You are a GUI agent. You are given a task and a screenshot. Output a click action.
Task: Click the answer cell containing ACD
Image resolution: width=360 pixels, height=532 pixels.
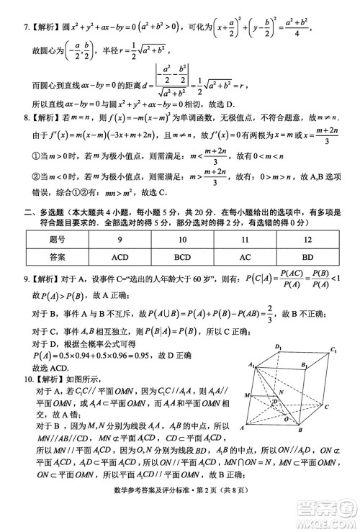125,256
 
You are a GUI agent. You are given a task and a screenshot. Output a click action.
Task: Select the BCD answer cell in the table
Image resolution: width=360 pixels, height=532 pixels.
187,256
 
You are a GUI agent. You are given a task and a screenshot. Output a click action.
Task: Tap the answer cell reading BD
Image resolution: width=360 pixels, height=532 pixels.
307,256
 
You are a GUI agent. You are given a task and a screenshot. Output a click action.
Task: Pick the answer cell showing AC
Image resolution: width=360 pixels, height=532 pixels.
246,256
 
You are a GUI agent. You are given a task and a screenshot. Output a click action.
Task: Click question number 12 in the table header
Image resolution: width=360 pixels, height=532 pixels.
307,239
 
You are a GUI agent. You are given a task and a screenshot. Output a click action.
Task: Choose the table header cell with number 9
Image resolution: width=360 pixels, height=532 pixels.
125,239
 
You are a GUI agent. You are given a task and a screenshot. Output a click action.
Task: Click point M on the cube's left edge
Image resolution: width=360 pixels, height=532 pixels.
247,396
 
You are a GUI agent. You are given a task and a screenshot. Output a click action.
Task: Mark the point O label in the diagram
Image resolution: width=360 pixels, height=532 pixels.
286,418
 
